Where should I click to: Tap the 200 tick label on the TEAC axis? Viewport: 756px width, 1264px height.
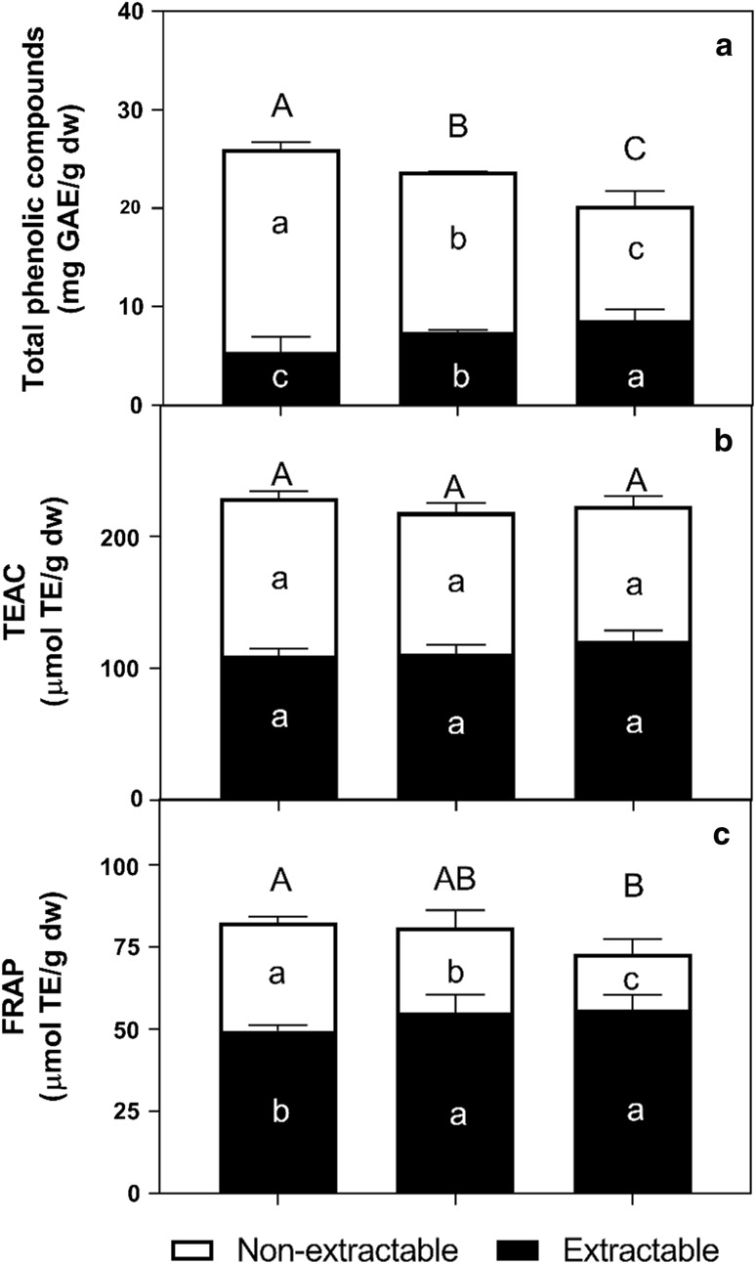(123, 537)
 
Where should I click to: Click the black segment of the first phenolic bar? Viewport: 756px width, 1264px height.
(279, 377)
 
